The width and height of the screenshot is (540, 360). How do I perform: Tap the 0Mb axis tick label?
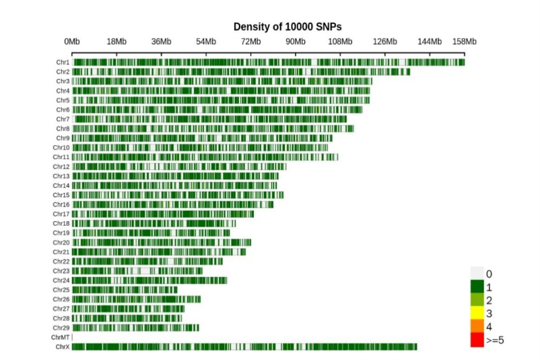[72, 41]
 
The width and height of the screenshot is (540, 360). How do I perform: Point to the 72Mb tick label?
[251, 41]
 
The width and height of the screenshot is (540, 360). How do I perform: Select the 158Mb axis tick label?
[464, 41]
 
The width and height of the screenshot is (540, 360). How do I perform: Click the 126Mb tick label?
[385, 41]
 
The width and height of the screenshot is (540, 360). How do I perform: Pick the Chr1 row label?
[63, 62]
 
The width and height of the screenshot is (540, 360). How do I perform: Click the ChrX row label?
[63, 347]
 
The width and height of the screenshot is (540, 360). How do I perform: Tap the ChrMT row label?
[61, 338]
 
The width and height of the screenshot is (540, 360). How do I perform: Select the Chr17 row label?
[62, 214]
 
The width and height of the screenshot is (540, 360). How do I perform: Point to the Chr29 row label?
[62, 328]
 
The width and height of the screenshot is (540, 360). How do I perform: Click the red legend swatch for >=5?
[477, 340]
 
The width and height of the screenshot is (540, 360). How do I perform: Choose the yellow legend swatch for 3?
[477, 313]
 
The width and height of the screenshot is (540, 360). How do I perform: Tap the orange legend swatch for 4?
[477, 326]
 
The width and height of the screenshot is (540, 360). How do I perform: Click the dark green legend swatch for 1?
[477, 286]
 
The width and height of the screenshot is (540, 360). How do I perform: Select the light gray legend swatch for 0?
[477, 273]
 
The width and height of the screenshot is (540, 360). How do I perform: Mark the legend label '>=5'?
[495, 340]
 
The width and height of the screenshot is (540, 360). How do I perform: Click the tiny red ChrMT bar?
[72, 338]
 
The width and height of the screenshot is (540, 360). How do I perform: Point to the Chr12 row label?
[62, 167]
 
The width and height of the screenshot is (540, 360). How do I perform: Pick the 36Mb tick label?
[161, 41]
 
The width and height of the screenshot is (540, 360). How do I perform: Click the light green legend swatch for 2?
[477, 299]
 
